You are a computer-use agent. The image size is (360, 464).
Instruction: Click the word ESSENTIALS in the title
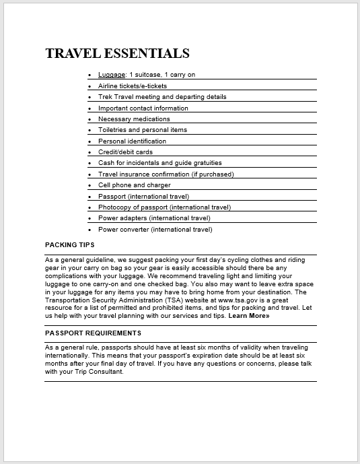[147, 53]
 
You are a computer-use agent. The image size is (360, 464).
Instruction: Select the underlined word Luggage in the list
[112, 75]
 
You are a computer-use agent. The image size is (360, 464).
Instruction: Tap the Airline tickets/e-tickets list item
[133, 86]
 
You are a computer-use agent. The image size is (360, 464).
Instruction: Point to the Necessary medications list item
[134, 119]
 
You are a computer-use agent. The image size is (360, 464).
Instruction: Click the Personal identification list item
[132, 141]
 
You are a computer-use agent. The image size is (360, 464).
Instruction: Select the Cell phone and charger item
[134, 185]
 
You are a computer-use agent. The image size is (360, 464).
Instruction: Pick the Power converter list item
[155, 230]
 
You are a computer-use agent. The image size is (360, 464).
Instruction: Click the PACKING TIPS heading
[70, 244]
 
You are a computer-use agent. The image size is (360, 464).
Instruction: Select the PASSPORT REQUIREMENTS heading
[93, 333]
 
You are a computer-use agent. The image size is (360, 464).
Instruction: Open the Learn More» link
[248, 315]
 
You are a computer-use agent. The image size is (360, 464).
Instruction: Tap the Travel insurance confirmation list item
[166, 174]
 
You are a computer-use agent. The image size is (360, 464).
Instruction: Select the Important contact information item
[143, 108]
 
